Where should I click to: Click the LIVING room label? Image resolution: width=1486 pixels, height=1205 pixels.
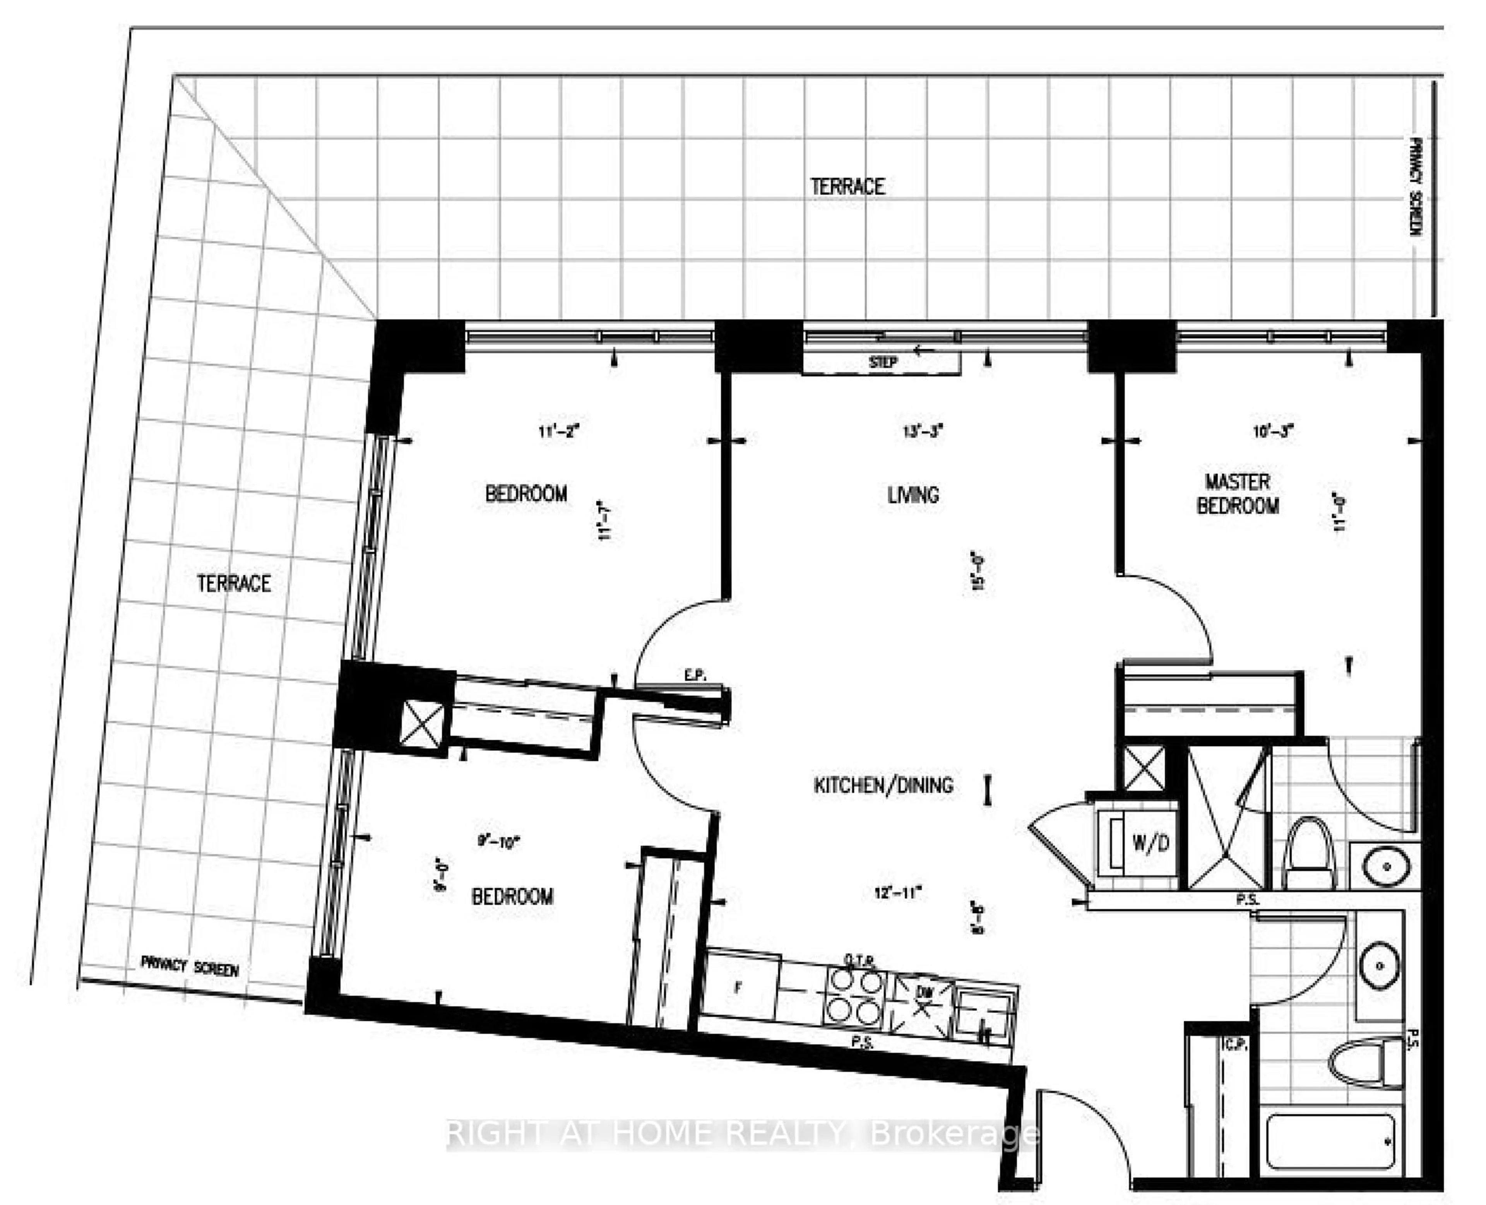click(913, 495)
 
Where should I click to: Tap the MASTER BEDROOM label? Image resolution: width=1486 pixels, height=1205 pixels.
click(1238, 493)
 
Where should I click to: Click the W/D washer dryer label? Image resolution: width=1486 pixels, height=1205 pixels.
click(1151, 843)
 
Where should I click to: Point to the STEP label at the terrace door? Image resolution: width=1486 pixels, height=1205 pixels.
click(883, 362)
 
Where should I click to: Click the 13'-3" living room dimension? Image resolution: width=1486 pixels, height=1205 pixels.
click(923, 431)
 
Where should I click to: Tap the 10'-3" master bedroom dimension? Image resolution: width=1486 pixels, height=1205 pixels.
click(1273, 431)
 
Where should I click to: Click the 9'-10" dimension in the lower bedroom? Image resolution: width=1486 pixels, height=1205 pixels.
click(498, 842)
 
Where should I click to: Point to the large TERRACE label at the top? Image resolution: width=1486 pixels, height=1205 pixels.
click(847, 186)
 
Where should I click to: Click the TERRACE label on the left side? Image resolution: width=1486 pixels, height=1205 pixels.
click(233, 583)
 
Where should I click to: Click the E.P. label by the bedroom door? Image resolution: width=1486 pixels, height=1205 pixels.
click(695, 674)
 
